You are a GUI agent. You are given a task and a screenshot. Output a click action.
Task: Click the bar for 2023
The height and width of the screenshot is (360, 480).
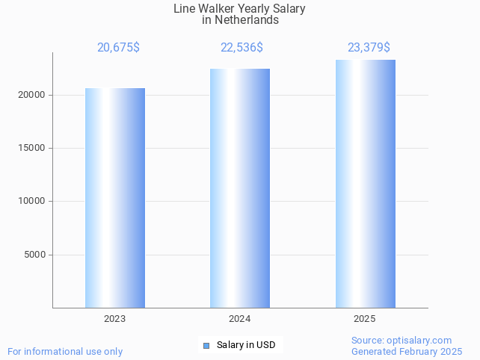(115, 198)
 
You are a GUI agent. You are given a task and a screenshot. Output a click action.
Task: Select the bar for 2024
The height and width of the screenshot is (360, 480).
(240, 188)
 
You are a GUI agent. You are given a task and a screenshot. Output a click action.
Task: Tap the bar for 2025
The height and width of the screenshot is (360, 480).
(365, 184)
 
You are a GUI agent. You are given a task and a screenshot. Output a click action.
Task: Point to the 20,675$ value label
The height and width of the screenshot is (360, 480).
(118, 47)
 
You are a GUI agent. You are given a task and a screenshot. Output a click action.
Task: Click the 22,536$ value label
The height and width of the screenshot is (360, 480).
(241, 47)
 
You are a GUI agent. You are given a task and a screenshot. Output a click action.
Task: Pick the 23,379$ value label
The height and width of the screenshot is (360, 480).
(369, 47)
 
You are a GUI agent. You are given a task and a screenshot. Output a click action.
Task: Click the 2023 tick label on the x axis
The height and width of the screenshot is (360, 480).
(115, 319)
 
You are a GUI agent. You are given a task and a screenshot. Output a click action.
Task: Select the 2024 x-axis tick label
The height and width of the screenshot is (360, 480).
(240, 319)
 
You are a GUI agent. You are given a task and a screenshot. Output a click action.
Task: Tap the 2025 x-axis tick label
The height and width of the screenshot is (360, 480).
(365, 319)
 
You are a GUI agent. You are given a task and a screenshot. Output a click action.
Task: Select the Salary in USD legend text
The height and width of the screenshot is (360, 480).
(246, 345)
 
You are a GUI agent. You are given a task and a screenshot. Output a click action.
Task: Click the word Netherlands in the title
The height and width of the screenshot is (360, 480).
(247, 20)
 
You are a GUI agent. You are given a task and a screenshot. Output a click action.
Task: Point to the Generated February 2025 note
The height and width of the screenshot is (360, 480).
(407, 351)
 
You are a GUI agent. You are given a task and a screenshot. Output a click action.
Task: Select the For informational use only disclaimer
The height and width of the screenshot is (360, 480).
(65, 351)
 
